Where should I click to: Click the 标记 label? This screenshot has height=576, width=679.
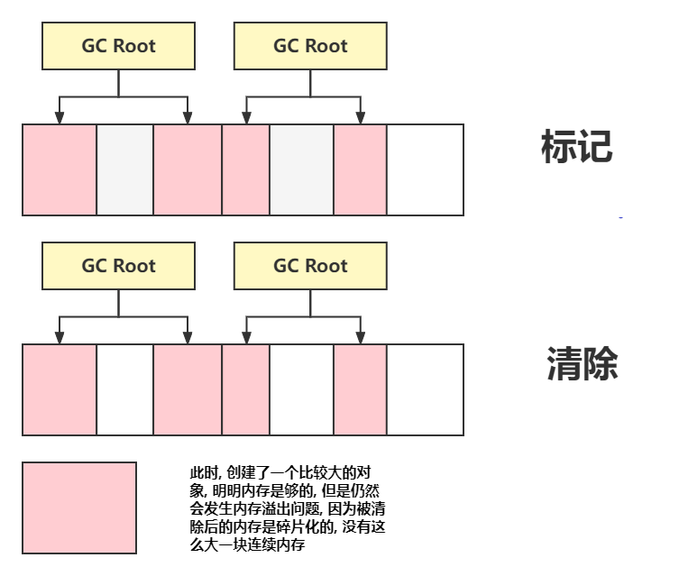(576, 147)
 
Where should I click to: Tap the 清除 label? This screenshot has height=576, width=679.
(582, 364)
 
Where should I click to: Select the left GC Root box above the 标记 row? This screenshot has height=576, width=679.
(118, 46)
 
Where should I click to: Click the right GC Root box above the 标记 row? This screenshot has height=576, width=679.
(310, 46)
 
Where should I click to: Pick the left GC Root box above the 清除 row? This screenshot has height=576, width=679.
(118, 266)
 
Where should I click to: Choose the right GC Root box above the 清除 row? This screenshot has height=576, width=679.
(310, 266)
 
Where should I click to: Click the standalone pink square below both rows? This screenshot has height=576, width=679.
(79, 507)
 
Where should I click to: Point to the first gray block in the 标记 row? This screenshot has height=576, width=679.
(124, 170)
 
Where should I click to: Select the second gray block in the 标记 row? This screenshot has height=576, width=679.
(301, 170)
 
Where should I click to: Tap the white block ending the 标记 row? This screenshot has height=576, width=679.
(425, 170)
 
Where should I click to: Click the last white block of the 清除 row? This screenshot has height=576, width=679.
(425, 389)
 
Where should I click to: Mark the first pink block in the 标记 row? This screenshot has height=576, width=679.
(60, 170)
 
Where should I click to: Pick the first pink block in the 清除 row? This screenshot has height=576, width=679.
(60, 389)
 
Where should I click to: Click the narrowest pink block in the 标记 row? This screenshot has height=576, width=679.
(245, 170)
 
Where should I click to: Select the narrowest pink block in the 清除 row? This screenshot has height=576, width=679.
(245, 389)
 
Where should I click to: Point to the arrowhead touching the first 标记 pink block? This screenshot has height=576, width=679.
(60, 118)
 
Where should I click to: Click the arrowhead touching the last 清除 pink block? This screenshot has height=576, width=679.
(360, 338)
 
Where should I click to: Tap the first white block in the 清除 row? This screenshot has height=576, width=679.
(124, 389)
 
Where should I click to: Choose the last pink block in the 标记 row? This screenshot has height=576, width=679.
(360, 170)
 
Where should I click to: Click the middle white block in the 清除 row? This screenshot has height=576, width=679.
(301, 389)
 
